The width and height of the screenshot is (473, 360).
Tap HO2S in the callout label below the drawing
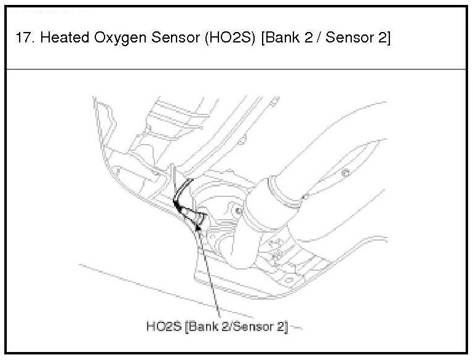[163, 326]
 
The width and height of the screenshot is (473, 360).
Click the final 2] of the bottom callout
[283, 326]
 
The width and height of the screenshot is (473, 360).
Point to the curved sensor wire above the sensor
[182, 192]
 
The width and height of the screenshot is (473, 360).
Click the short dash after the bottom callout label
[296, 327]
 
